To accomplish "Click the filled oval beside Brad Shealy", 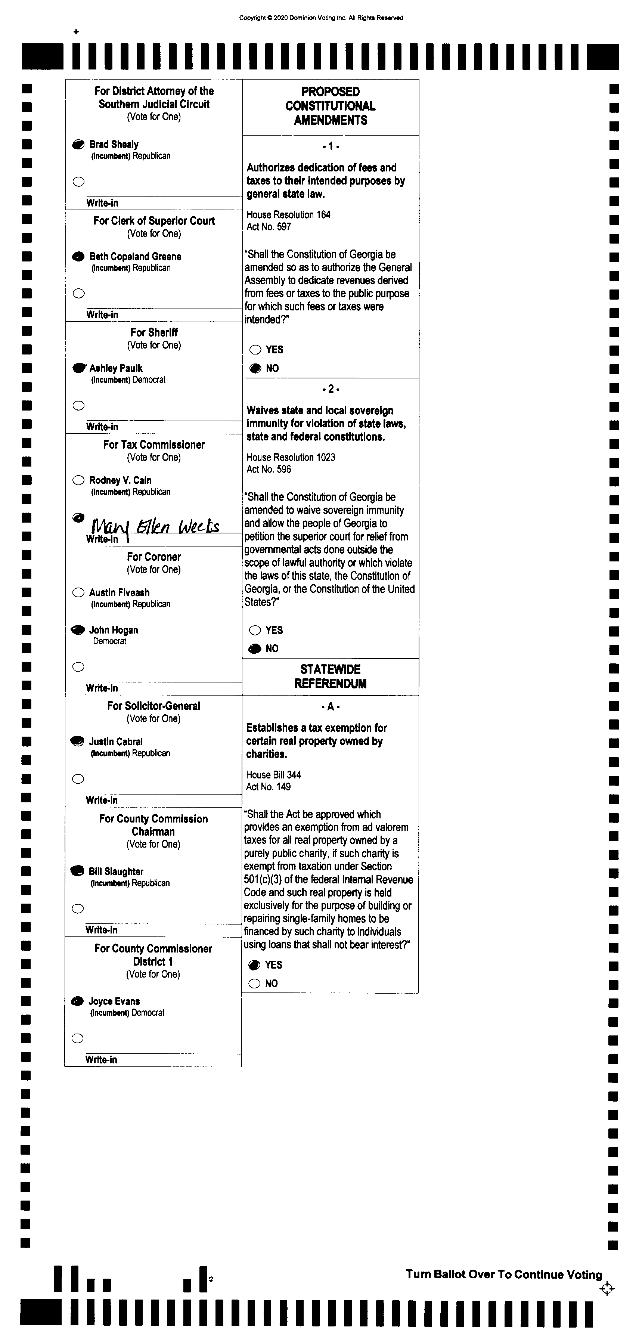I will click(78, 145).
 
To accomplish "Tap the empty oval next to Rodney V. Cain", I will click(78, 480).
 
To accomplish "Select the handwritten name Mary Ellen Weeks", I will click(155, 526).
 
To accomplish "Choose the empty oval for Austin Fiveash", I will click(78, 592).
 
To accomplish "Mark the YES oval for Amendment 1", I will click(255, 350).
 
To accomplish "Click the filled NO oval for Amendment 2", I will click(255, 648).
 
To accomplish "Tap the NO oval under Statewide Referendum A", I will click(255, 984).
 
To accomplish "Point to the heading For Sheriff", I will click(154, 332).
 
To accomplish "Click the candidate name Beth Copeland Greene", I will click(135, 256).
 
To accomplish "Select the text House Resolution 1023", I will click(291, 457).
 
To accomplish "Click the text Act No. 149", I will click(268, 787).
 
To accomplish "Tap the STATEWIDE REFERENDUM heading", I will click(330, 676).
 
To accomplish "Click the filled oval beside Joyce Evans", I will click(77, 1001).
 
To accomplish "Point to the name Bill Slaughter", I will click(116, 871).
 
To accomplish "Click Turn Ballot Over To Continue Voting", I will click(504, 1274).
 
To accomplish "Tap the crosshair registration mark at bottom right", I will click(607, 1289).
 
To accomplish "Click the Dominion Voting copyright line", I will click(321, 18).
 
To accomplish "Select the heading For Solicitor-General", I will click(153, 706).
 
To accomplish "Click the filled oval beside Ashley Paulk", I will click(79, 368).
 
